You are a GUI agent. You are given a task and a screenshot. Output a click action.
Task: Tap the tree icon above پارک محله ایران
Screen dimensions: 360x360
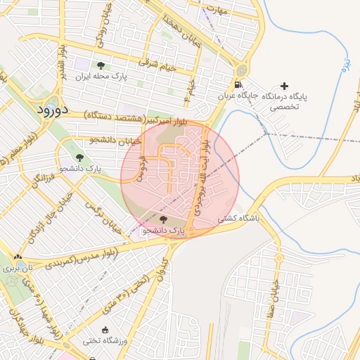tap(101, 65)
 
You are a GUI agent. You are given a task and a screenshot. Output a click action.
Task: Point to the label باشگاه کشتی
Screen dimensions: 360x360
tap(238, 219)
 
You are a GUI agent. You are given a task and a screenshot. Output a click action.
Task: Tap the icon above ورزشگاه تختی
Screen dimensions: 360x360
tap(106, 330)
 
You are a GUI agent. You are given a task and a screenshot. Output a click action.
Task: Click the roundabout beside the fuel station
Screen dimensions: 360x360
tap(242, 71)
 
